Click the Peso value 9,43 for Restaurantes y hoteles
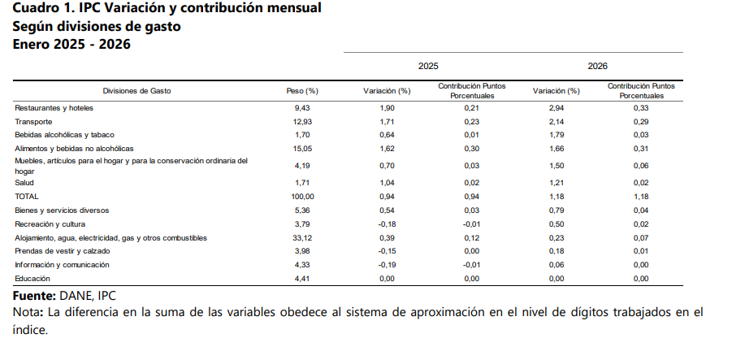pyautogui.click(x=302, y=108)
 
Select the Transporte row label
pyautogui.click(x=35, y=121)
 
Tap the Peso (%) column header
pyautogui.click(x=302, y=91)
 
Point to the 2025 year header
pyautogui.click(x=428, y=66)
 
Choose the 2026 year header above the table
pyautogui.click(x=597, y=66)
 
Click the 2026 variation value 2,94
pyautogui.click(x=556, y=108)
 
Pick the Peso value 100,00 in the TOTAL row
pyautogui.click(x=302, y=197)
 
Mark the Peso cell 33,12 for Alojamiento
pyautogui.click(x=302, y=238)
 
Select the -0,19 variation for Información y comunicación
pyautogui.click(x=386, y=265)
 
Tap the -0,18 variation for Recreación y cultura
pyautogui.click(x=386, y=223)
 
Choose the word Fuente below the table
pyautogui.click(x=34, y=295)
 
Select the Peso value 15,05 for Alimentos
pyautogui.click(x=302, y=149)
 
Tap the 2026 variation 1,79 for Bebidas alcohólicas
pyautogui.click(x=556, y=135)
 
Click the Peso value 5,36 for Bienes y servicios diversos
pyautogui.click(x=302, y=210)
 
